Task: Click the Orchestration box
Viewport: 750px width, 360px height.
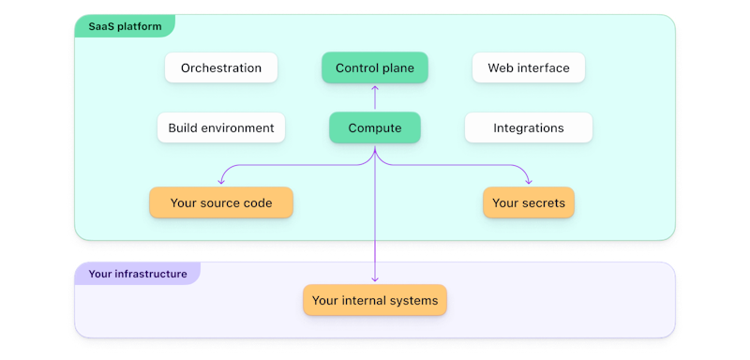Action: [221, 68]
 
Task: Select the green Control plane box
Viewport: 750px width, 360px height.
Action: [374, 68]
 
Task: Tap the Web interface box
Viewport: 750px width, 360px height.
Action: [528, 68]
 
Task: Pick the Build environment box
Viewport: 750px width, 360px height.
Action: [221, 128]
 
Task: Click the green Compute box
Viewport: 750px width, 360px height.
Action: [374, 128]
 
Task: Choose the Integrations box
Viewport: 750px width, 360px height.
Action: [528, 128]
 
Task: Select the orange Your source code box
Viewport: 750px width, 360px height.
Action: [221, 202]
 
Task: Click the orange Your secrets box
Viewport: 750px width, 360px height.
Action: [528, 202]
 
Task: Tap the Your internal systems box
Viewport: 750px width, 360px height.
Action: [375, 301]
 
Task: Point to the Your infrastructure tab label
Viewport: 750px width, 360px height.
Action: [137, 275]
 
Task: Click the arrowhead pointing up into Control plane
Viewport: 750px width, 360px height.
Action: [375, 88]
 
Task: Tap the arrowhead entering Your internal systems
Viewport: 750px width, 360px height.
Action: [375, 279]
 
